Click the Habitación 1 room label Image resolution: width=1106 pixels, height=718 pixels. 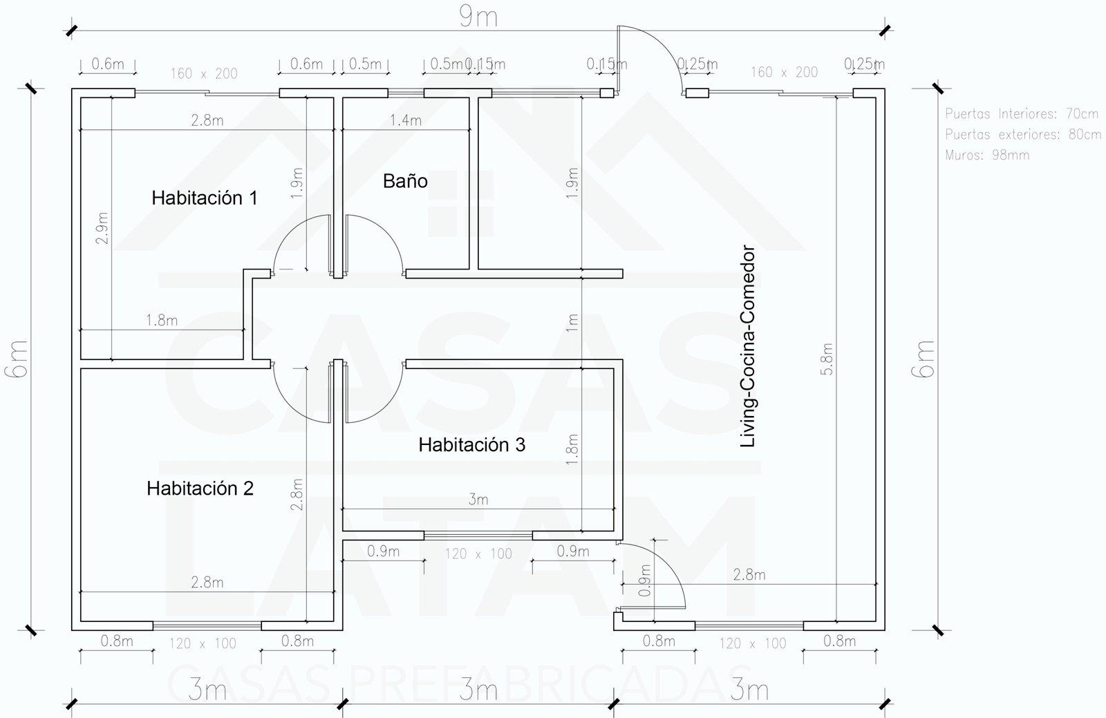pos(205,198)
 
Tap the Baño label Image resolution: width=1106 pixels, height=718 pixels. pos(405,181)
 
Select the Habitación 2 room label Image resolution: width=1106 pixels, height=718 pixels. pos(200,489)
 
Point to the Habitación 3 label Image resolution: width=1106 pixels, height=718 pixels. pos(472,445)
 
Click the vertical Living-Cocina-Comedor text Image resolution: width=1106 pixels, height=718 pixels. pos(748,346)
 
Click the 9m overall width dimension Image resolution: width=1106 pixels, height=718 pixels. pos(478,17)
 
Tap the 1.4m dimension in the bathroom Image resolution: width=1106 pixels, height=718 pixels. pos(406,120)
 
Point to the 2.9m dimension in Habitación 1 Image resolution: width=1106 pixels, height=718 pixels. pos(102,228)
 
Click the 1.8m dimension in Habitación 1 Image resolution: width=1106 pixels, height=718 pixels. pos(162,321)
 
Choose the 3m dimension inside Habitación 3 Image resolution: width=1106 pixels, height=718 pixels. pos(478,499)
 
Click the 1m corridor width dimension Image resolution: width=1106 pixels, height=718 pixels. pos(572,323)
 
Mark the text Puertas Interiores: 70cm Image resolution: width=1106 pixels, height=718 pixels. pos(1022,113)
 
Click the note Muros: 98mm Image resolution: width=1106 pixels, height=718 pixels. pos(987,155)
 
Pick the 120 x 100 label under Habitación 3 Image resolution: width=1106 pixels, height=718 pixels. pos(478,554)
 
